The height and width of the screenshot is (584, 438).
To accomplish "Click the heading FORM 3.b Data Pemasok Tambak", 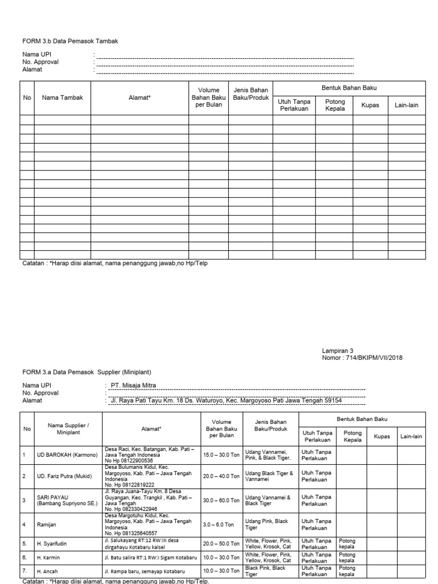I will [x=70, y=41].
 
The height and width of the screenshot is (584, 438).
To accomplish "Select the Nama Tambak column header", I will [x=62, y=98].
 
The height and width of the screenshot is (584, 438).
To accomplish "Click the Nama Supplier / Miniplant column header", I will [x=68, y=429].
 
